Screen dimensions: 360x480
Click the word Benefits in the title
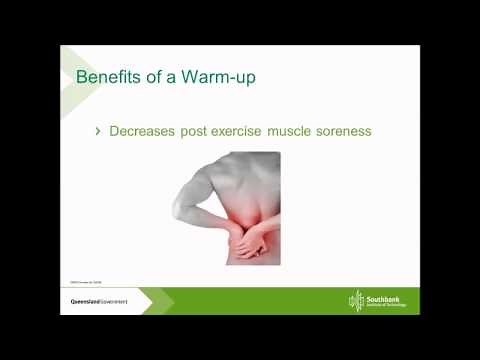click(x=108, y=76)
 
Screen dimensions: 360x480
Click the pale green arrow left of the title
click(x=67, y=80)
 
